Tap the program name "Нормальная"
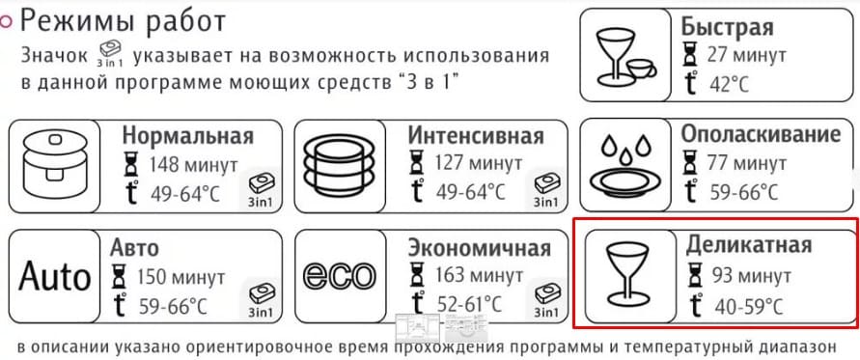187,135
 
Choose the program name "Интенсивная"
475,135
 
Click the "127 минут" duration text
478,165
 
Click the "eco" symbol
339,276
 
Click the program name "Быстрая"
726,26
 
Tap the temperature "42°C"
728,84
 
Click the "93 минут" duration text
752,276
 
